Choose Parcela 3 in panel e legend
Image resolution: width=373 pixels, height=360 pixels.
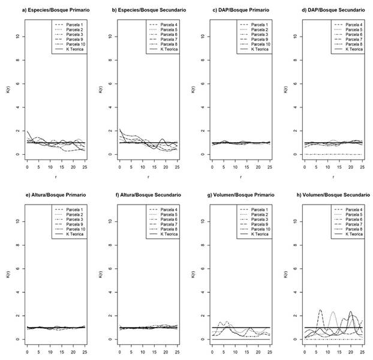pos(76,219)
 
